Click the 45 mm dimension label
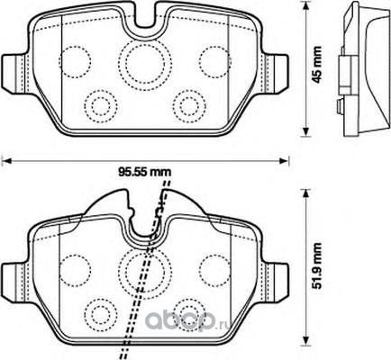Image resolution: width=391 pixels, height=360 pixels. pyautogui.click(x=316, y=65)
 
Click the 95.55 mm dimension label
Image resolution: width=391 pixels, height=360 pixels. pyautogui.click(x=144, y=172)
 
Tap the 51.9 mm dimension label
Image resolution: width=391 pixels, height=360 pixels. pyautogui.click(x=316, y=265)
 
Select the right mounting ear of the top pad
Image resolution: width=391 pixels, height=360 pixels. pyautogui.click(x=274, y=73)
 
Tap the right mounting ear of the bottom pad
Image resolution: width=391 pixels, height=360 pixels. pyautogui.click(x=274, y=282)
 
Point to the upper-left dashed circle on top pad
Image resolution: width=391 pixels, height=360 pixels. pyautogui.click(x=75, y=47)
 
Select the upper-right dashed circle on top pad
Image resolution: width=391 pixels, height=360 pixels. pyautogui.click(x=215, y=47)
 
